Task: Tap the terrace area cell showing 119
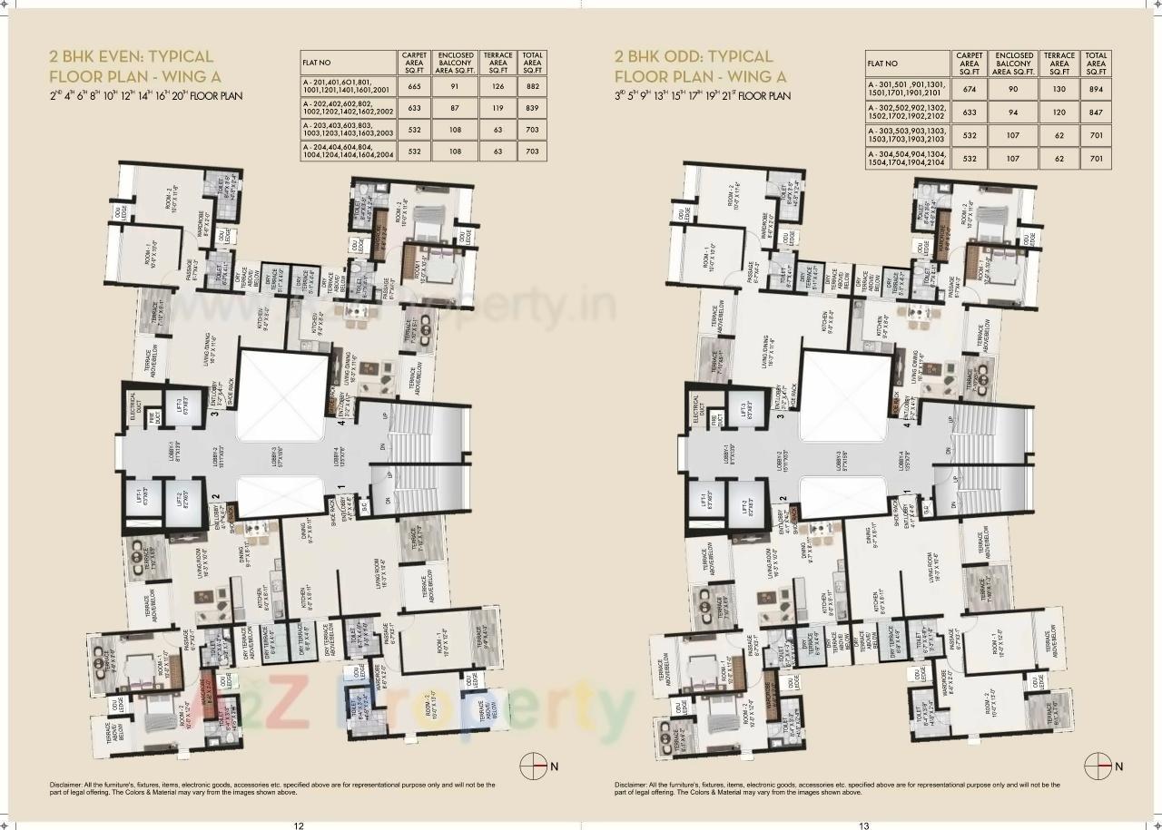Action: (x=497, y=109)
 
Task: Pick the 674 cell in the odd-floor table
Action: (x=970, y=87)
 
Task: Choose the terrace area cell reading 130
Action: (x=1059, y=87)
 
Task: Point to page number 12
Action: (x=298, y=825)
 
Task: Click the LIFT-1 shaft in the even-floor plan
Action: (x=142, y=502)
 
